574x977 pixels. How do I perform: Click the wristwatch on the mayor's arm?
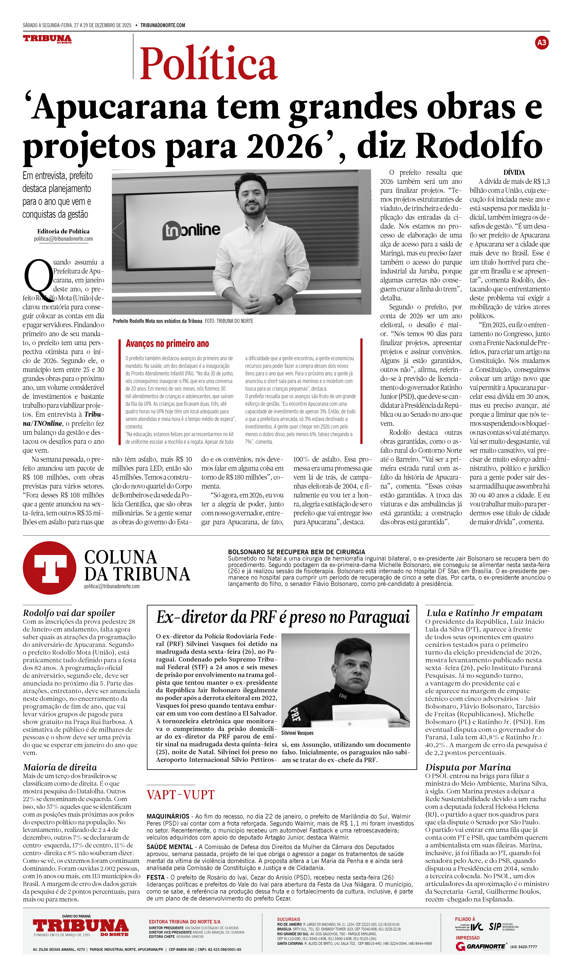click(x=278, y=299)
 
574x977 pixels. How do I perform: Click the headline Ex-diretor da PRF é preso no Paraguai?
click(x=283, y=617)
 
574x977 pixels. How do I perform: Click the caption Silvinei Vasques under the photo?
click(x=297, y=733)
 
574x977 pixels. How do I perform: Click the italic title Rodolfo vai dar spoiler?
click(x=69, y=613)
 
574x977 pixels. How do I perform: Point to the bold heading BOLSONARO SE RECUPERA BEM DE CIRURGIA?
click(x=297, y=552)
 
